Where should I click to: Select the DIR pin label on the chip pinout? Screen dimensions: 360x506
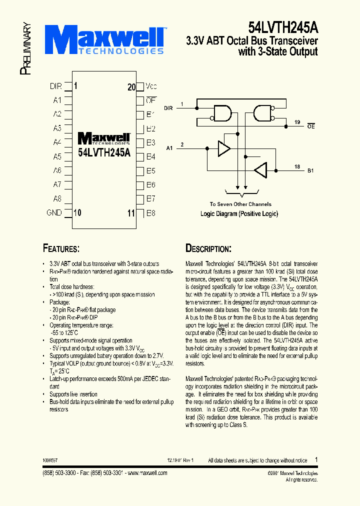pyautogui.click(x=55, y=86)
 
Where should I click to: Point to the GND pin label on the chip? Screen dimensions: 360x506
pyautogui.click(x=54, y=212)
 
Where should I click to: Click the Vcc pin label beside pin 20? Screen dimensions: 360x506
pyautogui.click(x=151, y=86)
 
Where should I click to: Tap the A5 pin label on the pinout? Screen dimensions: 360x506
pyautogui.click(x=57, y=156)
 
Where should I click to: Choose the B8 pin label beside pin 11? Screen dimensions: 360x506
pyautogui.click(x=150, y=212)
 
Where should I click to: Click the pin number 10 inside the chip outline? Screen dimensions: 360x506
pyautogui.click(x=77, y=212)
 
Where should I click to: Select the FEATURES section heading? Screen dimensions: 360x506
pyautogui.click(x=61, y=248)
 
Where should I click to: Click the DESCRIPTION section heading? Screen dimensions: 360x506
pyautogui.click(x=208, y=248)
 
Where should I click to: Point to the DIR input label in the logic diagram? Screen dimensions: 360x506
pyautogui.click(x=168, y=107)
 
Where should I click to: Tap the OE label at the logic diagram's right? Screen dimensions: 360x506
pyautogui.click(x=310, y=126)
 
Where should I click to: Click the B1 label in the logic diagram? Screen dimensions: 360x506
pyautogui.click(x=310, y=170)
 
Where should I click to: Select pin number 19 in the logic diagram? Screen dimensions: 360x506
pyautogui.click(x=297, y=122)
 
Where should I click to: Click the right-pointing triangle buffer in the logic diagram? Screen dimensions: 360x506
pyautogui.click(x=223, y=148)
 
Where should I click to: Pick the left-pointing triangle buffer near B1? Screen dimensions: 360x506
pyautogui.click(x=260, y=170)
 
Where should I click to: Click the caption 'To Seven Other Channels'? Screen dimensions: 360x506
pyautogui.click(x=240, y=204)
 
